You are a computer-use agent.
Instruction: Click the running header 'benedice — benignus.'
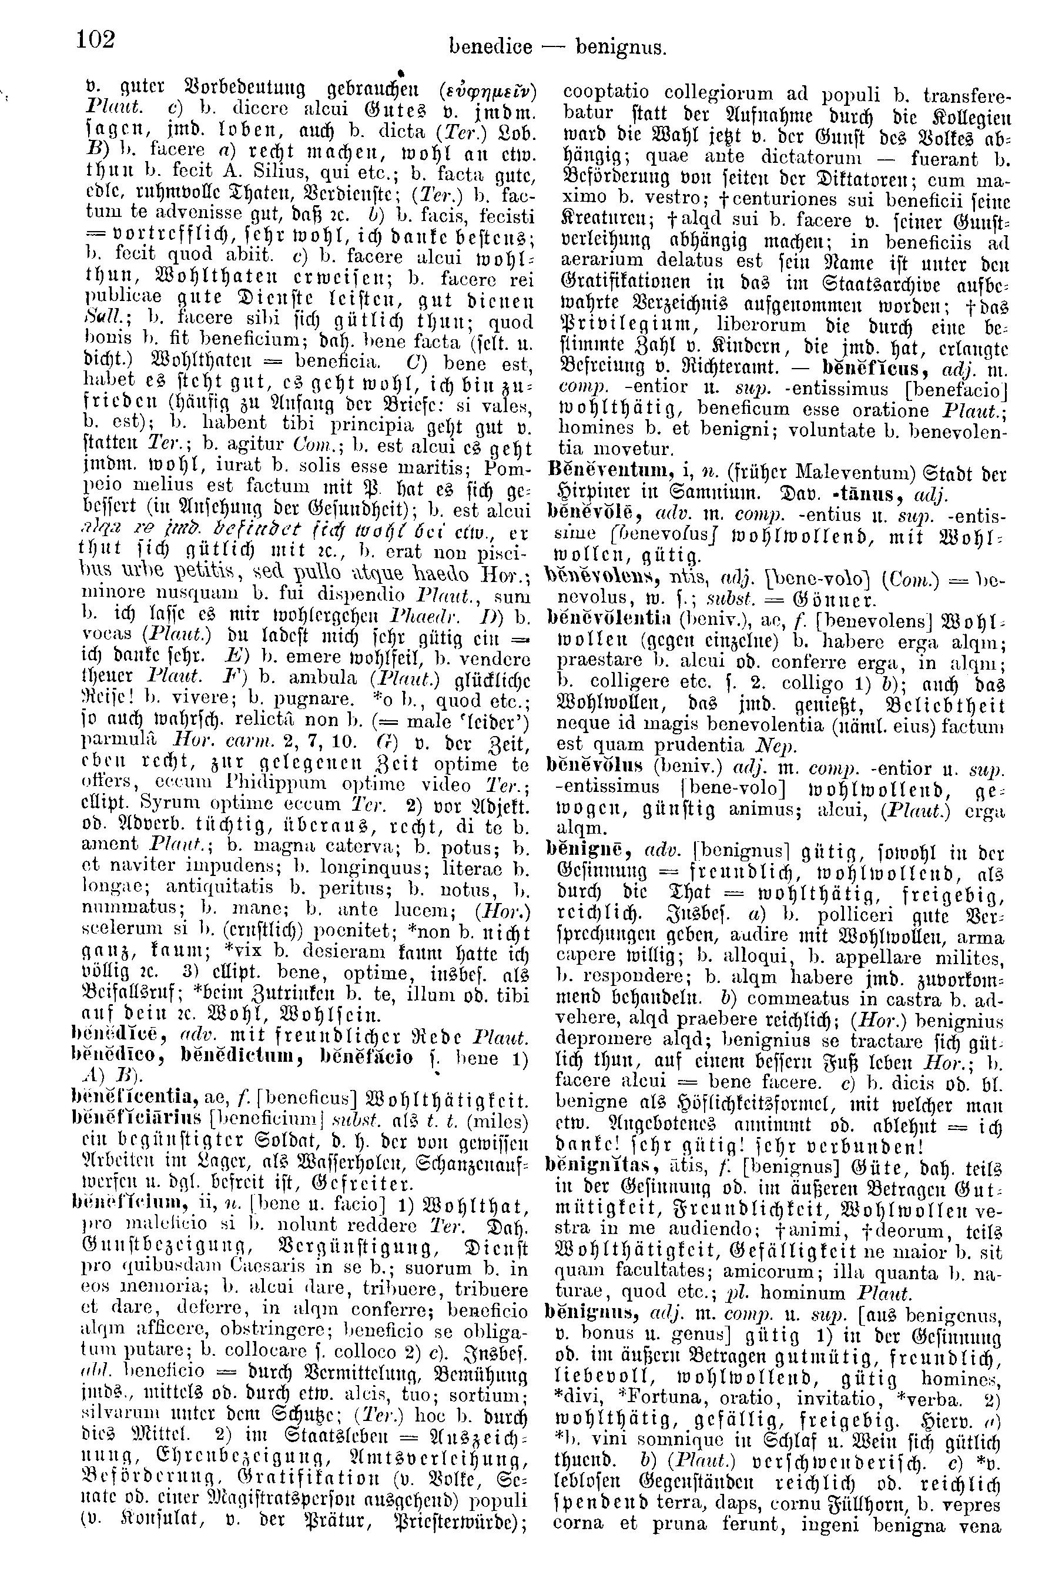click(558, 47)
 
